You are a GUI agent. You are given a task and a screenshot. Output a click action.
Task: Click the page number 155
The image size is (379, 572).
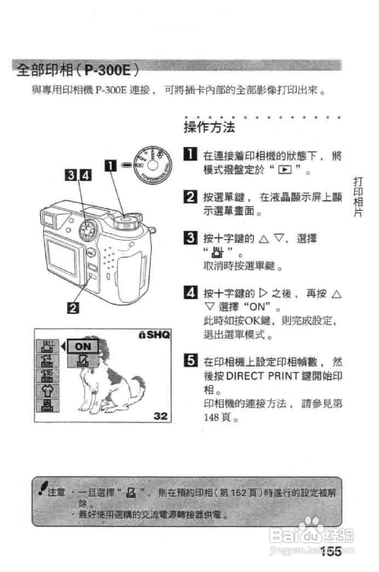click(331, 551)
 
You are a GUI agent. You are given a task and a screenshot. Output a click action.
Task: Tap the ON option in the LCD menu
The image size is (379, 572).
click(83, 346)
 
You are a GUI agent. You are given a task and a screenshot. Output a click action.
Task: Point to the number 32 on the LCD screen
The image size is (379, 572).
click(161, 416)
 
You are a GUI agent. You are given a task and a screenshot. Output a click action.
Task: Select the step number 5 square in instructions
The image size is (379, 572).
click(190, 361)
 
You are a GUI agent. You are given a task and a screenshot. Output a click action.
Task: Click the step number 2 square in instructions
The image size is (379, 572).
click(190, 197)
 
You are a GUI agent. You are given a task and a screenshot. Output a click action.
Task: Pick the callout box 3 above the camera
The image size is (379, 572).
click(71, 175)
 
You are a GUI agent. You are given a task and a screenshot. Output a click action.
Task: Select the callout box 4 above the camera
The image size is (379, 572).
click(86, 175)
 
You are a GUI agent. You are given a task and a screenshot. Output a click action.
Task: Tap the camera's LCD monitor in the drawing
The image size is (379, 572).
click(62, 257)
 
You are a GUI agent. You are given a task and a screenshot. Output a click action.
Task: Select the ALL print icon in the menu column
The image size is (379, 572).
click(47, 346)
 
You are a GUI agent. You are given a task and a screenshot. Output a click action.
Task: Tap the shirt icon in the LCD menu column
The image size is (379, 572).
click(47, 390)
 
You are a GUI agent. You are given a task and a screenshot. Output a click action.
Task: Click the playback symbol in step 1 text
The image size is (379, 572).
click(285, 170)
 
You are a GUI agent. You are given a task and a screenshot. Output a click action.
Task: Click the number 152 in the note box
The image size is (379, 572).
click(238, 493)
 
